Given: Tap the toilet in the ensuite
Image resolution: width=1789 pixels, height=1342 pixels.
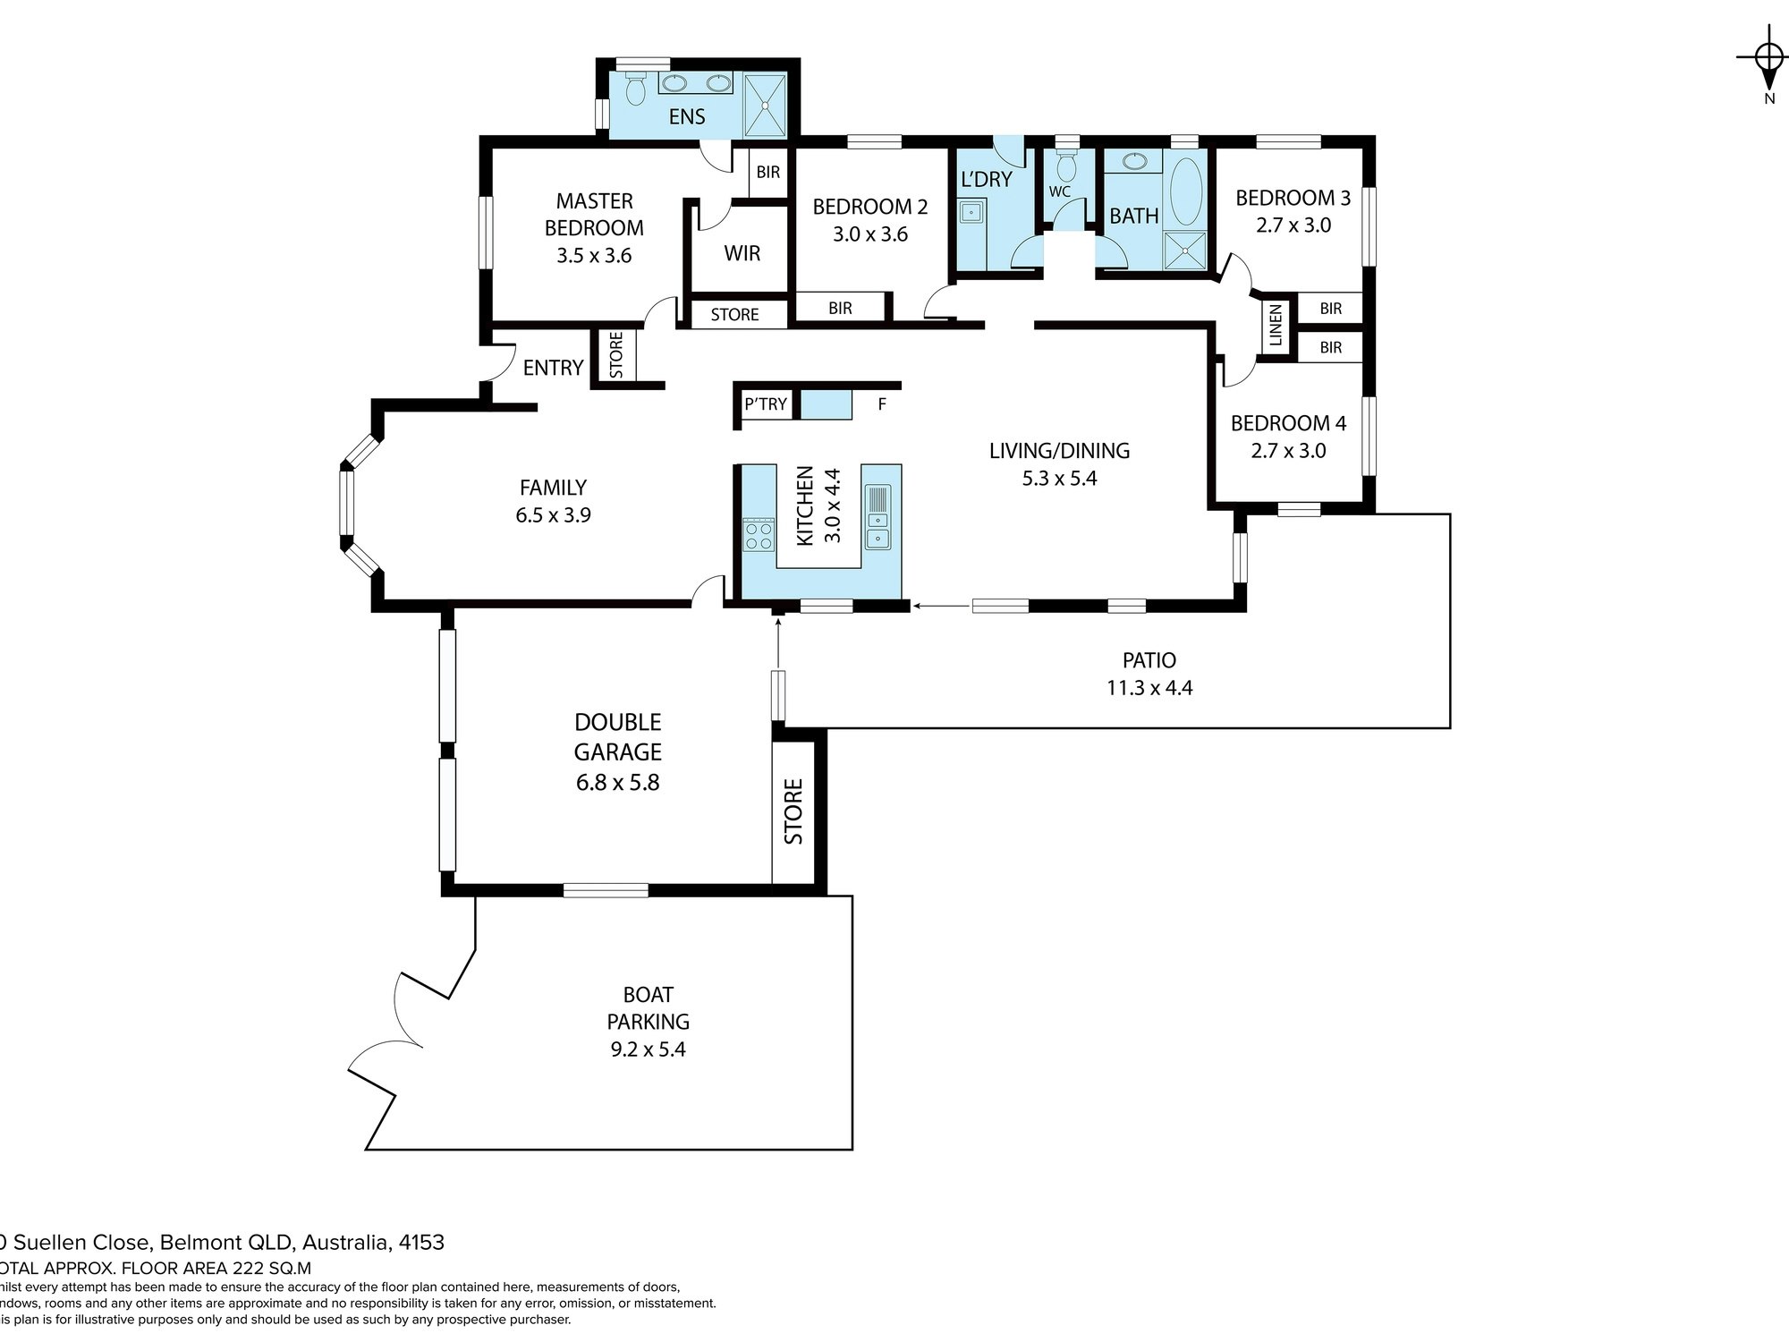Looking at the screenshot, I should pyautogui.click(x=636, y=89).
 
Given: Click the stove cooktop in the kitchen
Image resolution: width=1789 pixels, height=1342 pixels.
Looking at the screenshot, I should pyautogui.click(x=759, y=535).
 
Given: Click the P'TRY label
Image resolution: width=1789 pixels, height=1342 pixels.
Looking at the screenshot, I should pyautogui.click(x=766, y=404).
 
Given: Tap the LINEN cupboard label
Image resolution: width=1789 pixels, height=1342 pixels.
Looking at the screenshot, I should pyautogui.click(x=1276, y=325).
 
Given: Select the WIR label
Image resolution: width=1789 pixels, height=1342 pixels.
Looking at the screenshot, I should pyautogui.click(x=742, y=253).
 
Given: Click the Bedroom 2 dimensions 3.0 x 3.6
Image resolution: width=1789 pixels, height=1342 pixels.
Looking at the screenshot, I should pyautogui.click(x=869, y=234).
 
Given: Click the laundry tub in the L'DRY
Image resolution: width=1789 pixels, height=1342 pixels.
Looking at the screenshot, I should pyautogui.click(x=971, y=213).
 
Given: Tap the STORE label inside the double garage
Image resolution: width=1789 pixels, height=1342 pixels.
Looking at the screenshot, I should pyautogui.click(x=793, y=811).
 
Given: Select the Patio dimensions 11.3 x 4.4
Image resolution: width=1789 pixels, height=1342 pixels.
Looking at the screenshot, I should pyautogui.click(x=1149, y=688).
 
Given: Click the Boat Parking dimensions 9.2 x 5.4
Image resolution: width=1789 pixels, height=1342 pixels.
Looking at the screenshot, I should pyautogui.click(x=648, y=1049).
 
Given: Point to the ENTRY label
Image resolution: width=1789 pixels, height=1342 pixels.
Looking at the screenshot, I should pyautogui.click(x=553, y=368).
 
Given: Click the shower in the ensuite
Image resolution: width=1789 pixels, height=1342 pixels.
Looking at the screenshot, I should pyautogui.click(x=766, y=105).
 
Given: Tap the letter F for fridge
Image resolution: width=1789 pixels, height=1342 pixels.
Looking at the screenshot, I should pyautogui.click(x=882, y=404).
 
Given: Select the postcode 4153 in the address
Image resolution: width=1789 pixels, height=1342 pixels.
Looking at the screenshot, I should pyautogui.click(x=421, y=1243).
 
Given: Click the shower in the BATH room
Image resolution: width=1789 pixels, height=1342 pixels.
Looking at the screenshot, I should pyautogui.click(x=1185, y=250).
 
